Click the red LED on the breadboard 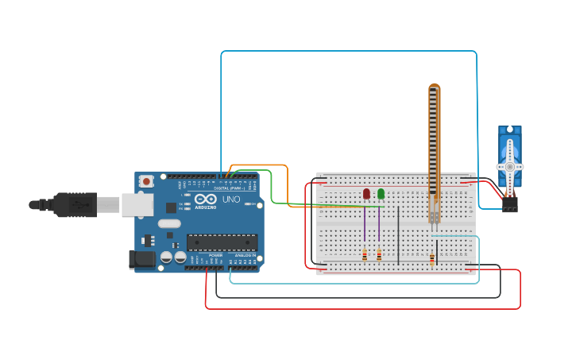pyautogui.click(x=366, y=193)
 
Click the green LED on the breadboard pyautogui.click(x=381, y=193)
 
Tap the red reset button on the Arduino pyautogui.click(x=146, y=181)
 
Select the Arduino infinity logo pyautogui.click(x=205, y=199)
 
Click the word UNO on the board pyautogui.click(x=231, y=199)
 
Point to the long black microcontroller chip pyautogui.click(x=222, y=242)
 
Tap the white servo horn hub pyautogui.click(x=509, y=167)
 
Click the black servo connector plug pyautogui.click(x=509, y=205)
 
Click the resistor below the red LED pyautogui.click(x=365, y=255)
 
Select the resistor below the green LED pyautogui.click(x=379, y=255)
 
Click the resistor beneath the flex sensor pyautogui.click(x=431, y=258)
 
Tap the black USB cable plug pyautogui.click(x=76, y=205)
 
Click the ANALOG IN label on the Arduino pyautogui.click(x=243, y=255)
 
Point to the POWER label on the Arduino pyautogui.click(x=215, y=255)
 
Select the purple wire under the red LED pyautogui.click(x=365, y=224)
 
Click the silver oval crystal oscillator pyautogui.click(x=169, y=223)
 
